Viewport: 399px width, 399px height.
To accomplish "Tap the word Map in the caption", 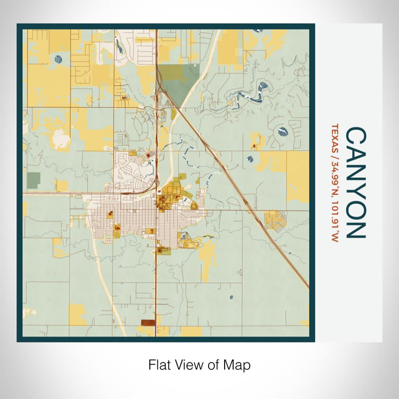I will coord(239,365).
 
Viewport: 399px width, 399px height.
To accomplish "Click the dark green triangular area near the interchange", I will coord(174,83).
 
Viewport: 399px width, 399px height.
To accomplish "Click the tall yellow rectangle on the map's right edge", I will coord(297,177).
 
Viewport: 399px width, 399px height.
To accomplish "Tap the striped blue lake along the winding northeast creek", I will coord(264,87).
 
